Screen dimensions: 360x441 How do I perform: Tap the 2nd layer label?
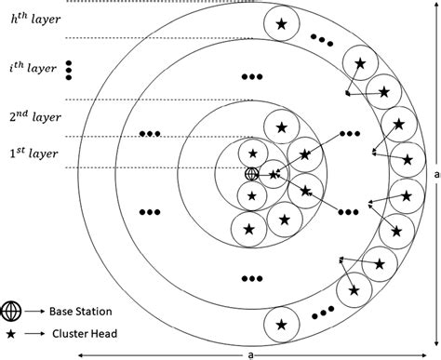click(x=33, y=117)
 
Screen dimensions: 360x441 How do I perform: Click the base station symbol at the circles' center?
click(x=250, y=174)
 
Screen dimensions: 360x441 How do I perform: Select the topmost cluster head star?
click(x=281, y=25)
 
